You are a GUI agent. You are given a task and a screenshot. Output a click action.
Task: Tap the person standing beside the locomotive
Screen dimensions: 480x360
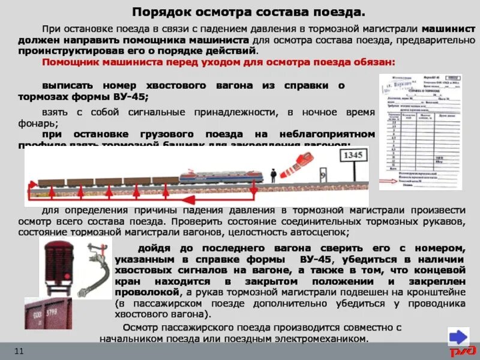tap(273, 175)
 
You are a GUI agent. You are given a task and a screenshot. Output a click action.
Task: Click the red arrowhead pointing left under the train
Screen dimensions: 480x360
tap(30, 196)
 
